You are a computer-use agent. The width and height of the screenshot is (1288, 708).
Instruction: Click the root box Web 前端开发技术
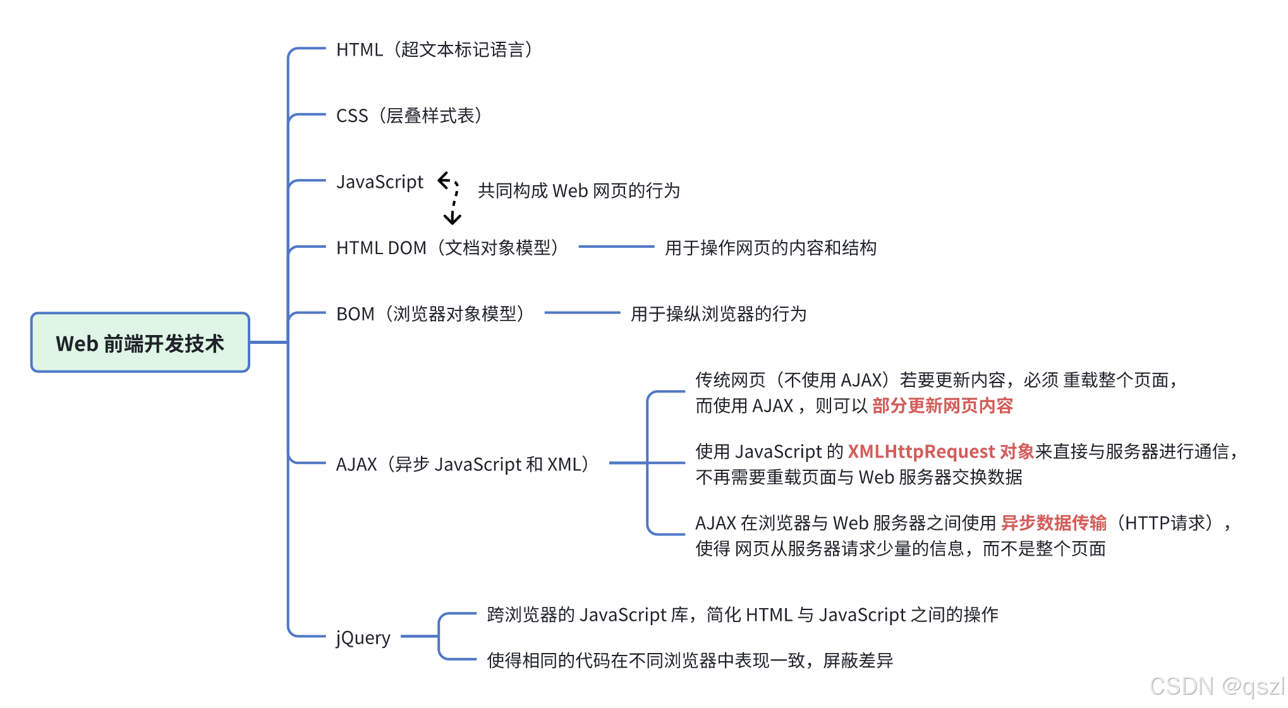click(140, 343)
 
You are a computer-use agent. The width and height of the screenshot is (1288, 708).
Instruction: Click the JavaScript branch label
click(380, 182)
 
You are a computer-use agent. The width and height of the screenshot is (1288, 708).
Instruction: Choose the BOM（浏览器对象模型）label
click(432, 314)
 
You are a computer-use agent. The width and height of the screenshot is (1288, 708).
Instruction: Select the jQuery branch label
click(363, 637)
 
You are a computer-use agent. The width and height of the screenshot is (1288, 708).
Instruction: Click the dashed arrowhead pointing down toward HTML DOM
click(452, 219)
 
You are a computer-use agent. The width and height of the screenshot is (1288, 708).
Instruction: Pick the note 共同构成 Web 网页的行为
click(578, 190)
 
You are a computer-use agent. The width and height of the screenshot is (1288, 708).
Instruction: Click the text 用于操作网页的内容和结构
click(770, 248)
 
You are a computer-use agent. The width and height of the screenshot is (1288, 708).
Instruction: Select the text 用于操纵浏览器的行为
click(719, 314)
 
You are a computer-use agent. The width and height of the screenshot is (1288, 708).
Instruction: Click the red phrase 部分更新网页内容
click(942, 405)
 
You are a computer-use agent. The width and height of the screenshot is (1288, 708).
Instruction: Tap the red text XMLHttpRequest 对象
click(940, 451)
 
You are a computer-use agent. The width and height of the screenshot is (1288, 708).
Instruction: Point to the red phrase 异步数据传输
click(1054, 523)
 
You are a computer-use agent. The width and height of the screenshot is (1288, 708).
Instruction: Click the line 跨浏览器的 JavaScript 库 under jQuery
click(742, 614)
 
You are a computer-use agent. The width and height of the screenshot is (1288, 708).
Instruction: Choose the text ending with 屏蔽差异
click(690, 661)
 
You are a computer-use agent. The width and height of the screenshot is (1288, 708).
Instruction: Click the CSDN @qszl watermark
click(1217, 687)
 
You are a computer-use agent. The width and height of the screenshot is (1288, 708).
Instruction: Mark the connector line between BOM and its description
click(582, 312)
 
